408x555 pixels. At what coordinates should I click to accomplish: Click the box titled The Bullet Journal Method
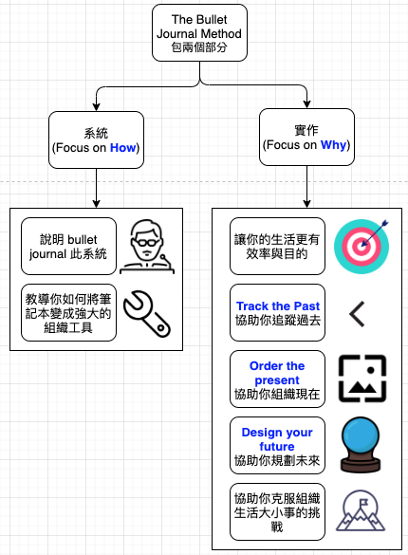coord(199,33)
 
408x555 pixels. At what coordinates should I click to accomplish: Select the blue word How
coord(122,148)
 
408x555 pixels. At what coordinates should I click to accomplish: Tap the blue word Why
coord(333,145)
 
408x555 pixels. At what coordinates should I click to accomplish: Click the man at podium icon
coord(147,247)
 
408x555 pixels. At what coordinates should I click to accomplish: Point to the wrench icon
coord(147,314)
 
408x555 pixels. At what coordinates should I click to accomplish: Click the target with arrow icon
coord(362,247)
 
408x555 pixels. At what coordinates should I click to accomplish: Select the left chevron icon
coord(357,314)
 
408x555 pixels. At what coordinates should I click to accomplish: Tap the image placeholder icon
coord(362,379)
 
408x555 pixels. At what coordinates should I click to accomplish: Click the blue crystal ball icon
coord(361,445)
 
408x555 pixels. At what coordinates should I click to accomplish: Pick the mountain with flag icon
coord(361,510)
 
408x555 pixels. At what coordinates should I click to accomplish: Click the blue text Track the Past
coord(278,305)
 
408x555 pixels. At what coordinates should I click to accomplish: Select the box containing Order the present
coord(277,379)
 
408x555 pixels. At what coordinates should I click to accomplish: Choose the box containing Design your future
coord(277,445)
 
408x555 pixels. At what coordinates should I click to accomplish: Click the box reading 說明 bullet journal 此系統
coord(68,247)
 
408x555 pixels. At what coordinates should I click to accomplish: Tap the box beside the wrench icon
coord(68,312)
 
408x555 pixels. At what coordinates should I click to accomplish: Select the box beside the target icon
coord(277,247)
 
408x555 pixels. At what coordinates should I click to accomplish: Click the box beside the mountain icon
coord(277,511)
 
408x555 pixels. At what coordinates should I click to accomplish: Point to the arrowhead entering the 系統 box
coord(96,107)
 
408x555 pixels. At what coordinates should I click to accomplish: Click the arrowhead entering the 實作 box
coord(306,104)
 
